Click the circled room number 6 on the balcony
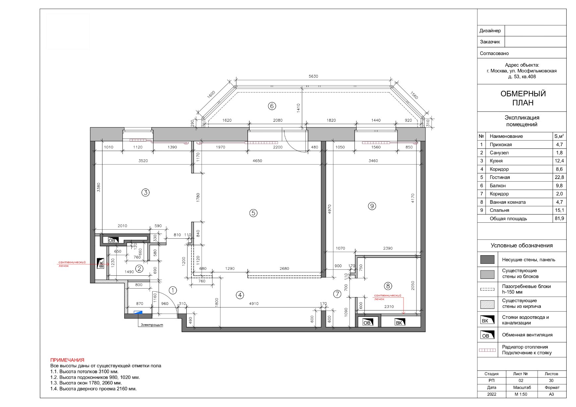272,106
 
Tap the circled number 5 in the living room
253,213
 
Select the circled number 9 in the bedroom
372,206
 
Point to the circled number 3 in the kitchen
146,192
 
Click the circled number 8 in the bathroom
388,286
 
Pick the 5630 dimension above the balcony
313,76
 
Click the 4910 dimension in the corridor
254,304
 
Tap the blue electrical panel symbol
138,312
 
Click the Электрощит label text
152,325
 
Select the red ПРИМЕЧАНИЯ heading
67,360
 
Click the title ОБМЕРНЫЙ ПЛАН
523,98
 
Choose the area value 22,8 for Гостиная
559,177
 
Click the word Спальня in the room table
499,210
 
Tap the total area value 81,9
559,218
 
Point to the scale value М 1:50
521,394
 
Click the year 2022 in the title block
492,394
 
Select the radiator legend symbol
487,350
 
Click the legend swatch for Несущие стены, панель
487,260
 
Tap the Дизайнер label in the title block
490,31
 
